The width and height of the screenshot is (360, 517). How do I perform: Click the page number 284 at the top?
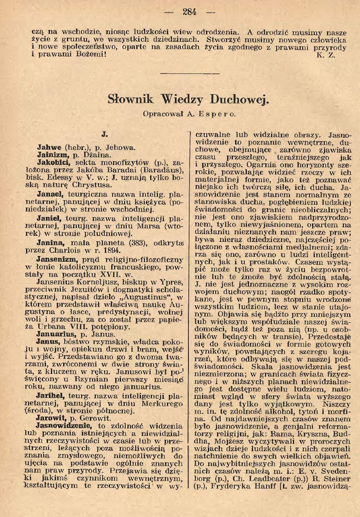(x=190, y=12)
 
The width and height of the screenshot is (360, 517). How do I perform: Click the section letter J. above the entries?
(x=105, y=135)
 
